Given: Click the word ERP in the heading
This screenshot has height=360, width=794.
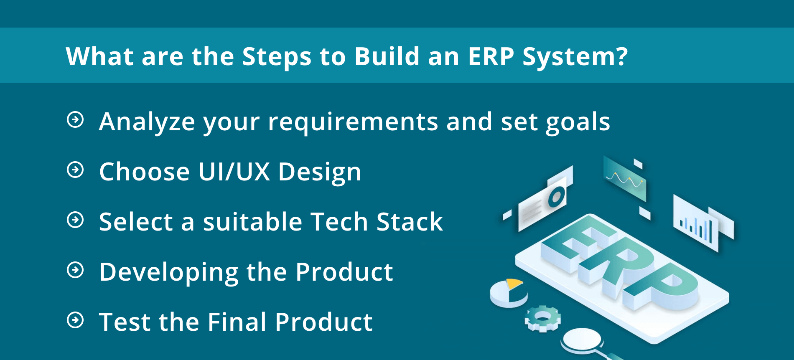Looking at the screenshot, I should (x=491, y=56).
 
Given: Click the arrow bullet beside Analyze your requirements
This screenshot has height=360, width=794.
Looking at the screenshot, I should (x=76, y=120).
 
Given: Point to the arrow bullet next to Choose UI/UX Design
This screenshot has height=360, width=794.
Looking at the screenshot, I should (x=76, y=170).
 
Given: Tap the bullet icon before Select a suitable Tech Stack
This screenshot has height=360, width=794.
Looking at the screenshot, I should (x=76, y=220).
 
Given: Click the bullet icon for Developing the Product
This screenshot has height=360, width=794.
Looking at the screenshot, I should (x=76, y=270).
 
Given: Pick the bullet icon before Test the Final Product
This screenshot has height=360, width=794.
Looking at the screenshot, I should (x=76, y=320).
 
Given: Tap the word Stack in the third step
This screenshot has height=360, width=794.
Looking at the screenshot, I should (x=410, y=222).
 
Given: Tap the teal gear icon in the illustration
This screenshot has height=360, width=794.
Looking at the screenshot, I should (x=542, y=319).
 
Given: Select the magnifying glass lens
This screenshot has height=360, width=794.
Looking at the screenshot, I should (x=582, y=339).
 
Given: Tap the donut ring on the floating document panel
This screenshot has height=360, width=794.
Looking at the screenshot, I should (x=556, y=196).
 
